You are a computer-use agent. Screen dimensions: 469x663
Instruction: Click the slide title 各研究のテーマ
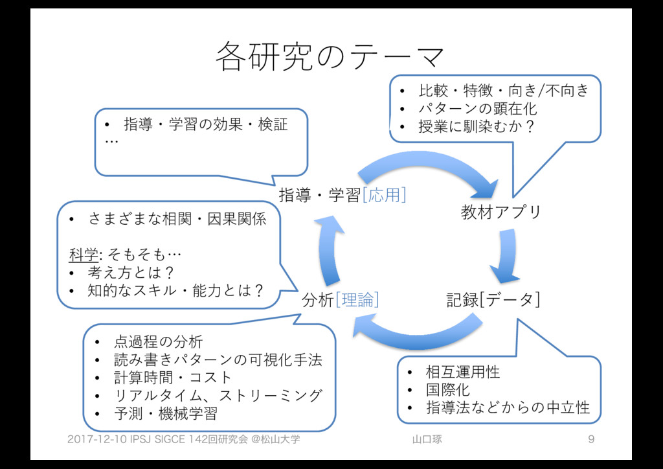coord(330,56)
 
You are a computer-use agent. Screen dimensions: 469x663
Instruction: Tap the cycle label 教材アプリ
coord(500,212)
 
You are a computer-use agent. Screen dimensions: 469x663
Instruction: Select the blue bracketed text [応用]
coord(385,194)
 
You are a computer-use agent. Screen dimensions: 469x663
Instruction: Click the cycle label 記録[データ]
coord(493,300)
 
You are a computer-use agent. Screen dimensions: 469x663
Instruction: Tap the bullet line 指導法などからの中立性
coord(507,407)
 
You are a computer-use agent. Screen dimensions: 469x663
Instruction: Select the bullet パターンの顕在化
coord(478,108)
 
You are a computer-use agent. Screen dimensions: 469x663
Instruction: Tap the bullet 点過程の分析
coord(158,341)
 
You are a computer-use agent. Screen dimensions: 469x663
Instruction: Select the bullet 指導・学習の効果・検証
coord(205,123)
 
